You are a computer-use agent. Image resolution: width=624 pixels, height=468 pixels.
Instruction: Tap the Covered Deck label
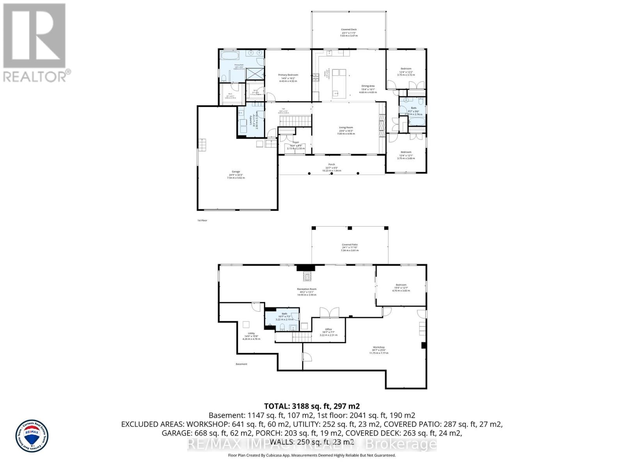349,30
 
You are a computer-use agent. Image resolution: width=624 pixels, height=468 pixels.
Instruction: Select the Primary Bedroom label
288,75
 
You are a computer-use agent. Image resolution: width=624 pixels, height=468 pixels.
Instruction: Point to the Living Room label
346,128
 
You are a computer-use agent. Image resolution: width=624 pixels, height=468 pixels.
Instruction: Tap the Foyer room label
296,142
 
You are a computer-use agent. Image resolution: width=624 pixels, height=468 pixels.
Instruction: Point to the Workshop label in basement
379,347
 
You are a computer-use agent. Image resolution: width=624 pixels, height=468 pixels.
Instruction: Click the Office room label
328,330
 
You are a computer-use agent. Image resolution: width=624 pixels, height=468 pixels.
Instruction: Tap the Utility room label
251,333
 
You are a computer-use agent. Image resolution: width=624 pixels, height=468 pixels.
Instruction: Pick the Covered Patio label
349,245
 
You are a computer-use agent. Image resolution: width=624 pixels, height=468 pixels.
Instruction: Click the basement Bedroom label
401,285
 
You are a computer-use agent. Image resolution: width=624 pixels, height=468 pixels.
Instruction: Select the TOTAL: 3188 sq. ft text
312,406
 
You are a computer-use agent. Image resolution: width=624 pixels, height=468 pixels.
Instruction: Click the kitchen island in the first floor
339,83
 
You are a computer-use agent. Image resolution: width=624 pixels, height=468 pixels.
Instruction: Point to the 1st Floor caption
202,220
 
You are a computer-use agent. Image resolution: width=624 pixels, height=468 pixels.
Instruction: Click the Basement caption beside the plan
241,364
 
